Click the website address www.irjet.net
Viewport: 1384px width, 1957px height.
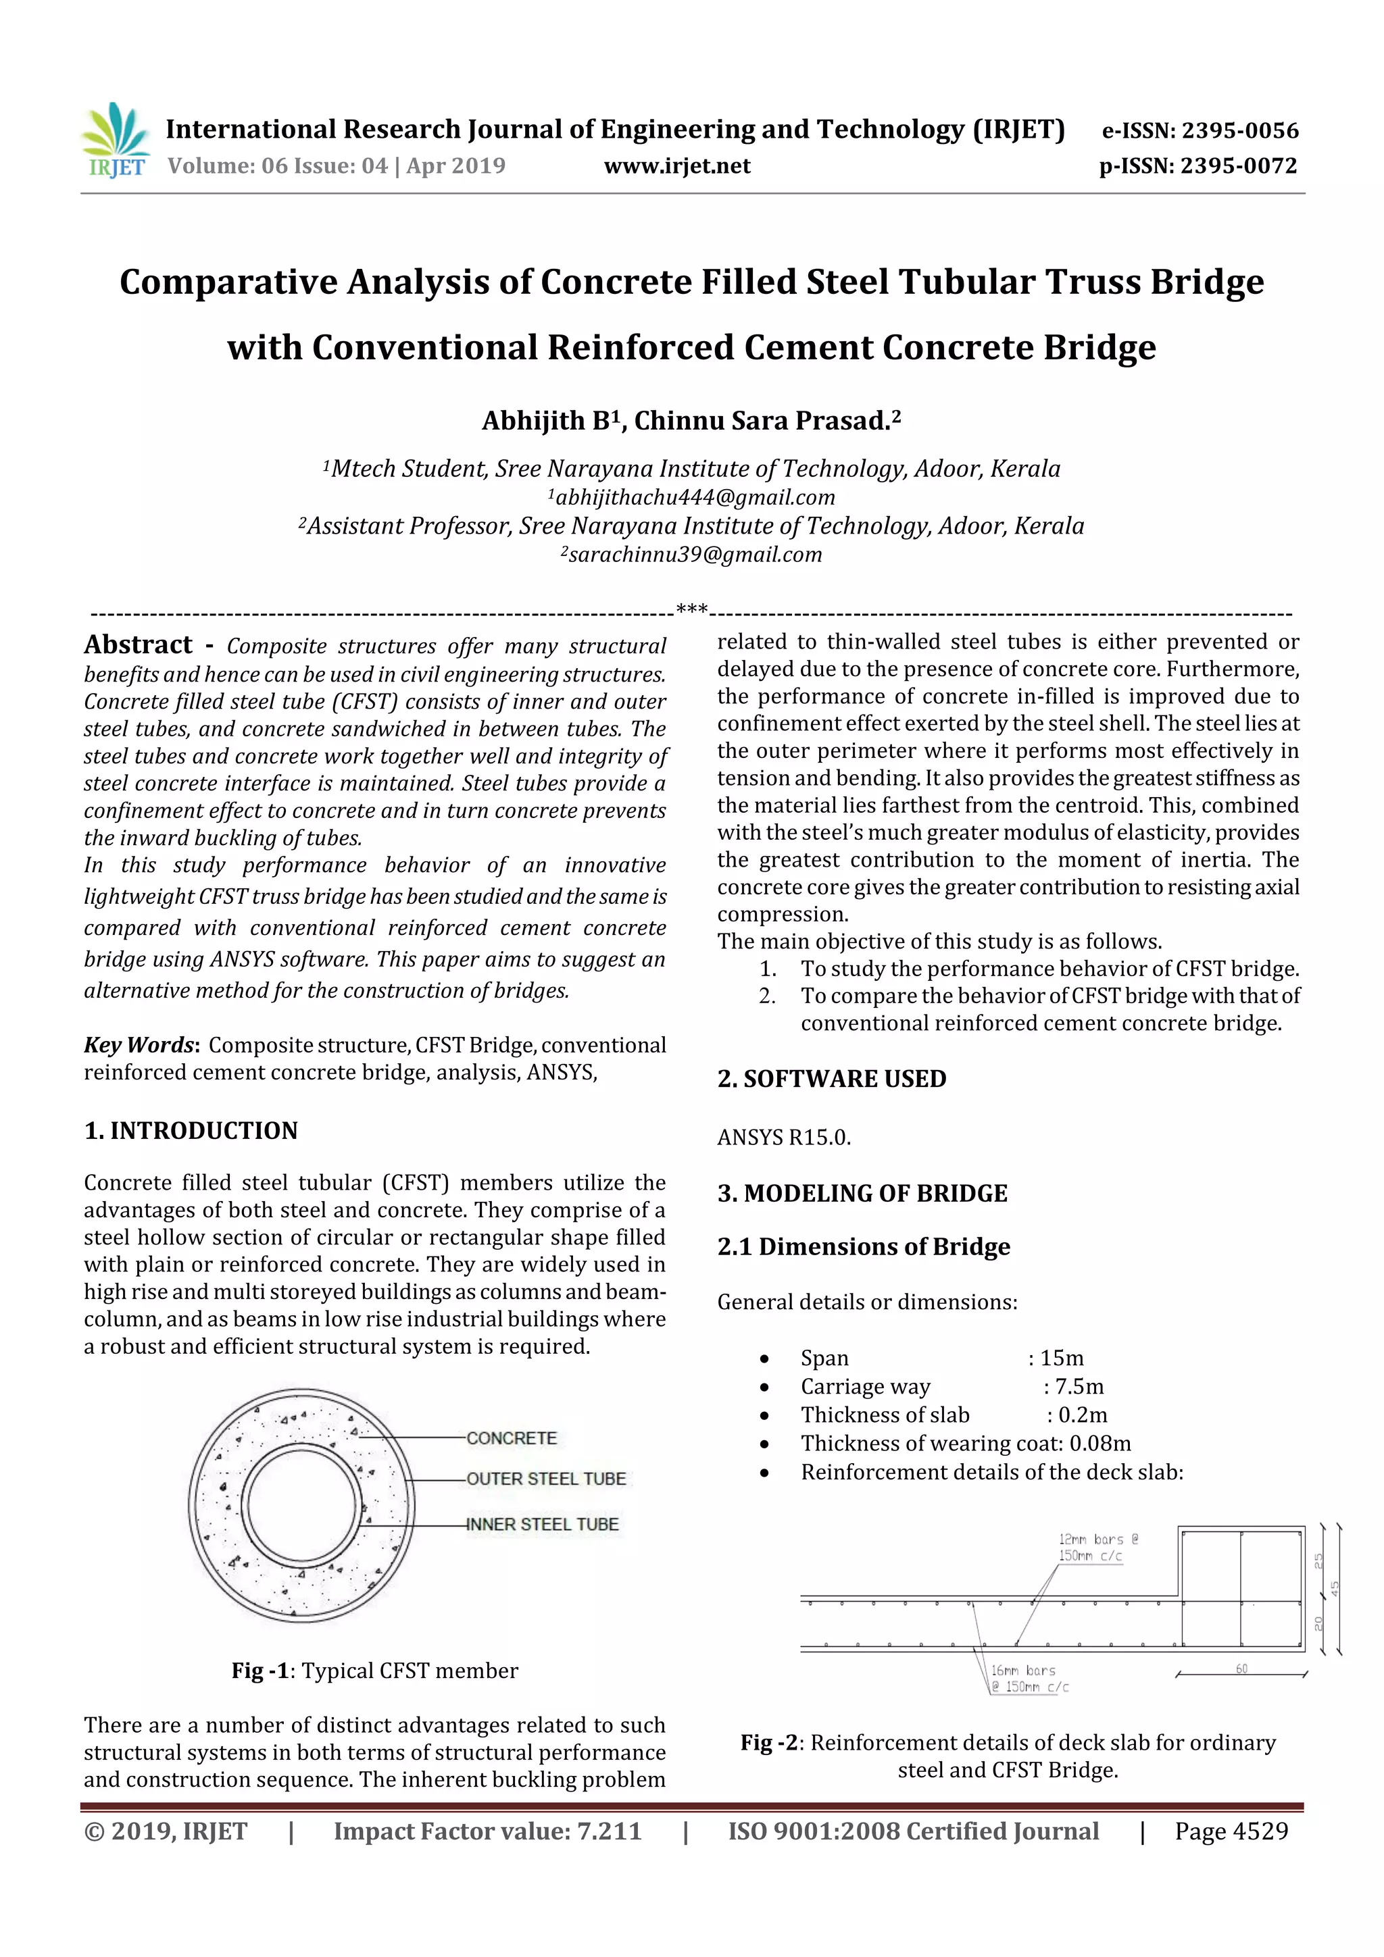click(677, 166)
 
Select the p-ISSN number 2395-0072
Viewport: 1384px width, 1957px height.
click(1238, 166)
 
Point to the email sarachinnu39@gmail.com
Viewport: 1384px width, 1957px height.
click(691, 555)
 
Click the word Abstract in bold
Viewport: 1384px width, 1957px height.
click(138, 644)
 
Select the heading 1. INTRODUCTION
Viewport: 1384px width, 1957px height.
click(191, 1130)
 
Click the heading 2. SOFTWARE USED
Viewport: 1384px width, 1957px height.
click(831, 1078)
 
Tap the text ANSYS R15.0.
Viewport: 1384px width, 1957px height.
click(784, 1137)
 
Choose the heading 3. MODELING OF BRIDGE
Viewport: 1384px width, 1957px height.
click(862, 1192)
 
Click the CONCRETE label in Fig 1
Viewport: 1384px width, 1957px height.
click(512, 1438)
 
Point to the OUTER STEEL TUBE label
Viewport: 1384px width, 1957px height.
click(546, 1479)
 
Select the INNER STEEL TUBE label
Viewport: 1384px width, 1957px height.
click(543, 1524)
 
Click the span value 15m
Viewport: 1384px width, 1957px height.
click(1062, 1358)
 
